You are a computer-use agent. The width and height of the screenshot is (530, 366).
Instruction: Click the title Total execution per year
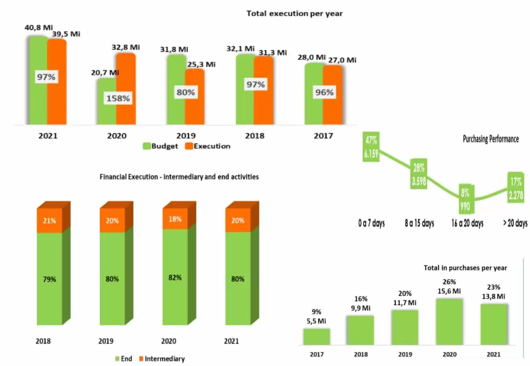294,14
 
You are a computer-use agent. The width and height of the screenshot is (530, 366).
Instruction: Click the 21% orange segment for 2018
50,221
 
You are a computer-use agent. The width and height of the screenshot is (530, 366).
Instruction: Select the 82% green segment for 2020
175,278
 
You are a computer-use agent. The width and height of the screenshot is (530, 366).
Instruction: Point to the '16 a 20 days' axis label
467,223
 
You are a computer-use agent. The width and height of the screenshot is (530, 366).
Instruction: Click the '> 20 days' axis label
515,223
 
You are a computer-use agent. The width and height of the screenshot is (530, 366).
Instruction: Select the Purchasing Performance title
490,139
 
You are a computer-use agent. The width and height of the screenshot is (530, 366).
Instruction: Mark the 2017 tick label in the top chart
323,136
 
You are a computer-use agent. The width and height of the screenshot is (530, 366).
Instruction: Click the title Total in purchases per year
465,268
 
